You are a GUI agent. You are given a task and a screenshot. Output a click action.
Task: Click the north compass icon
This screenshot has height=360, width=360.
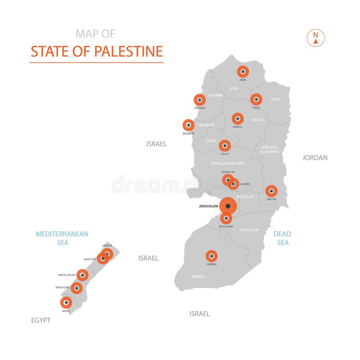pos(316,38)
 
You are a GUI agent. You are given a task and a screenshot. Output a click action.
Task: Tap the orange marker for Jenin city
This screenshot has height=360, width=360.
pos(243,71)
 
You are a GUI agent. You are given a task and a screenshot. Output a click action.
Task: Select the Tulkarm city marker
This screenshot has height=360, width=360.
pos(199,99)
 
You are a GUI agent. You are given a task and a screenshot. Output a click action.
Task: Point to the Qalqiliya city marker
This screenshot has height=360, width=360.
pos(188,125)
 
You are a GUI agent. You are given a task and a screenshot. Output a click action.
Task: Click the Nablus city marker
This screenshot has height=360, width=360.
pos(238,119)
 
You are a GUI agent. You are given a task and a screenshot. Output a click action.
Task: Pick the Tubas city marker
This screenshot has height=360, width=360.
pos(256,99)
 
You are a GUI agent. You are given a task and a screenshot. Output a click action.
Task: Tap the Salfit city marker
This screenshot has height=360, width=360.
pos(225,146)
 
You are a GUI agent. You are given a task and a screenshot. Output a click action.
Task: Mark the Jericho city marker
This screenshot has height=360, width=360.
pos(271,191)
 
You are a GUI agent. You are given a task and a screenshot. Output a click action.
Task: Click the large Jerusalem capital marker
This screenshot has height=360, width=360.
pos(228,206)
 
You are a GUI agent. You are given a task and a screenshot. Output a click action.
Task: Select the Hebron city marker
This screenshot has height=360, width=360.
pos(211,256)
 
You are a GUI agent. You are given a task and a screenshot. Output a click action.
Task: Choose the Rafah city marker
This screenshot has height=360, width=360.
pos(66,302)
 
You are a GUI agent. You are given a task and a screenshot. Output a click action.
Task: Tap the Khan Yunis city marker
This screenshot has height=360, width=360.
pos(76,288)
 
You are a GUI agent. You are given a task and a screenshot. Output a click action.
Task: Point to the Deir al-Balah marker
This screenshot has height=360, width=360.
pos(82,274)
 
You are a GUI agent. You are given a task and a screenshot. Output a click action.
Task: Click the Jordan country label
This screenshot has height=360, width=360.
pos(315,157)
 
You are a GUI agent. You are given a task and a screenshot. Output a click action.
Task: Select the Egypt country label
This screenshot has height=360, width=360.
pos(40,320)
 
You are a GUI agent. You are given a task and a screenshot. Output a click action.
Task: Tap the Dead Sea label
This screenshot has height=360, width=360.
pos(282,238)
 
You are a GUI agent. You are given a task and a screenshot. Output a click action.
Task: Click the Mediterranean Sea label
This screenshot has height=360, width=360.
pos(62,238)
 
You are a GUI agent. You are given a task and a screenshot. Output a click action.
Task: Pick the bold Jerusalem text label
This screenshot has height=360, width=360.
pos(208,207)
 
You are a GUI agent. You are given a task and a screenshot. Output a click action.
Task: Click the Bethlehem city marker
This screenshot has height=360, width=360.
pos(226,218)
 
